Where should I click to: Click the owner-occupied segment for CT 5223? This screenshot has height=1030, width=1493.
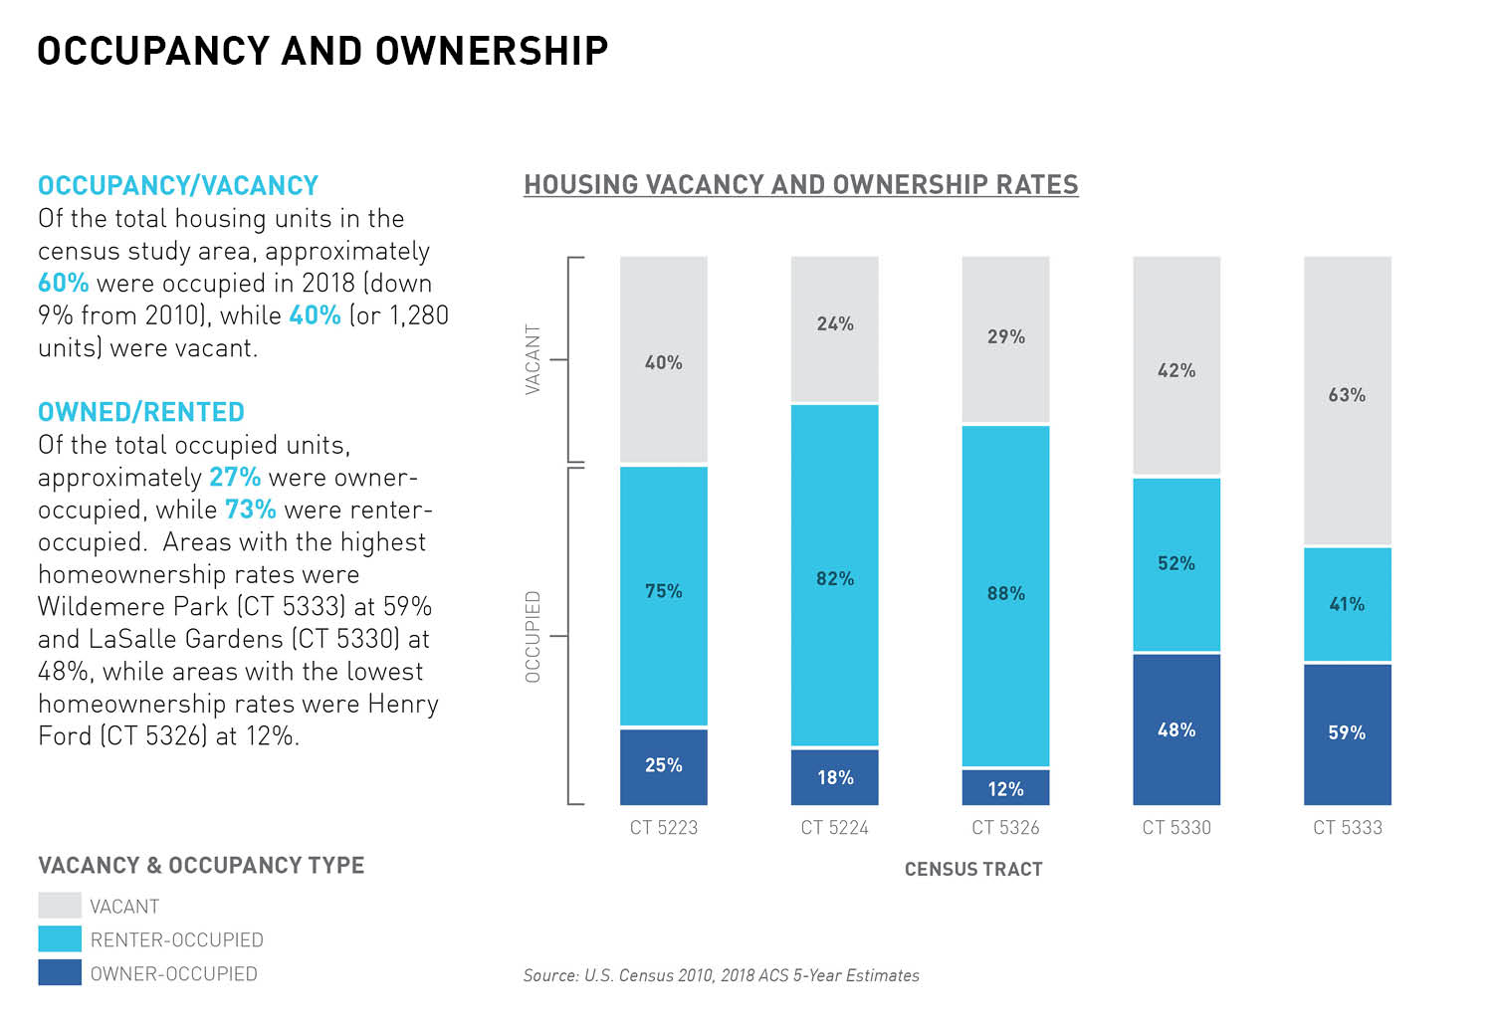664,766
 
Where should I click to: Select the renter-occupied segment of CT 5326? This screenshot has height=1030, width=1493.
1005,595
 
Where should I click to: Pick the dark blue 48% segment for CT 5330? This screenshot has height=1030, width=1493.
1176,729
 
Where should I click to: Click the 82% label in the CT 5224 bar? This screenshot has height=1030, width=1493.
835,578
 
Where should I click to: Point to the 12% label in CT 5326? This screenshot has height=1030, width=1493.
1005,789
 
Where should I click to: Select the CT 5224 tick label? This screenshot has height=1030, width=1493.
834,828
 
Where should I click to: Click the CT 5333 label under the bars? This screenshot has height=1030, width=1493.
1348,828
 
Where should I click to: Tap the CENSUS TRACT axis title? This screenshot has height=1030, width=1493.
973,870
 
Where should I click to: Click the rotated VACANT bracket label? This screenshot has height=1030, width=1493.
533,359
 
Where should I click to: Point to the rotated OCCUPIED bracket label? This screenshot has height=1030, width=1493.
533,637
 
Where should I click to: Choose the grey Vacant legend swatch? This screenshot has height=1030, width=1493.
60,906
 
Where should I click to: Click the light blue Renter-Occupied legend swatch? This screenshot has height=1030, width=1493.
60,939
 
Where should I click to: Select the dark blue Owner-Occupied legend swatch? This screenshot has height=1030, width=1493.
60,973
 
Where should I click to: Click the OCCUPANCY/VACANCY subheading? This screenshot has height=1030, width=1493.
178,186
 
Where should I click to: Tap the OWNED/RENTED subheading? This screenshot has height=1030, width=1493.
141,412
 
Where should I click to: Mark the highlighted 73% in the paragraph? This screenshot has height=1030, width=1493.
251,510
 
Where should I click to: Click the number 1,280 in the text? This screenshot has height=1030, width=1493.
419,315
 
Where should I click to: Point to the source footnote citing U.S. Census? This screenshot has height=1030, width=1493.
722,976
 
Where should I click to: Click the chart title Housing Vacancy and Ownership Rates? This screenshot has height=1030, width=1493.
801,185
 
